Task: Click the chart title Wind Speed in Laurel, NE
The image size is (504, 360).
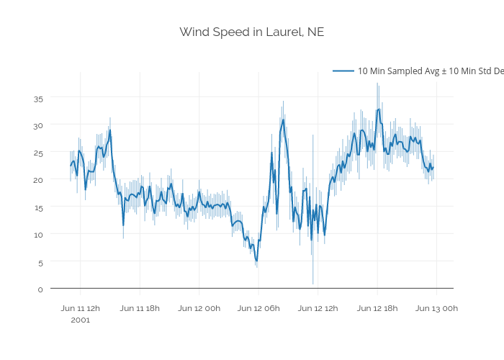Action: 252,32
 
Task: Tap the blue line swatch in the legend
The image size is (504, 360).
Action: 343,71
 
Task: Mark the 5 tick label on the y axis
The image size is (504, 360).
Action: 40,262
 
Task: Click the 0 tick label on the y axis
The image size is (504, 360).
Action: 40,289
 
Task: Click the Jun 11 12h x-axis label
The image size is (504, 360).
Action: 81,308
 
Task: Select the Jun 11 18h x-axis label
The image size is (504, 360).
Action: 140,308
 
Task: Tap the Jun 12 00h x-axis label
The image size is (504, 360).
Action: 199,308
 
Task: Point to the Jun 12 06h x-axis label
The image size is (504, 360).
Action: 258,308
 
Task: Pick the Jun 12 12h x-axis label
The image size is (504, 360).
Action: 318,308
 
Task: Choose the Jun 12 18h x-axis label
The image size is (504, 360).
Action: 377,308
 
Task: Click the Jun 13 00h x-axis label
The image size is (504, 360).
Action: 436,308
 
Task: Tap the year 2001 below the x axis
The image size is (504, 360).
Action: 81,320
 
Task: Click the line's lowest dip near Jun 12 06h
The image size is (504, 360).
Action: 256,261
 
